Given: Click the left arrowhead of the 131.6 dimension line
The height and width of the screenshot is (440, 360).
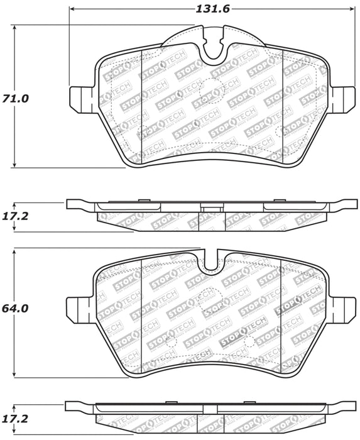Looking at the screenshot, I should (x=72, y=9).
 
